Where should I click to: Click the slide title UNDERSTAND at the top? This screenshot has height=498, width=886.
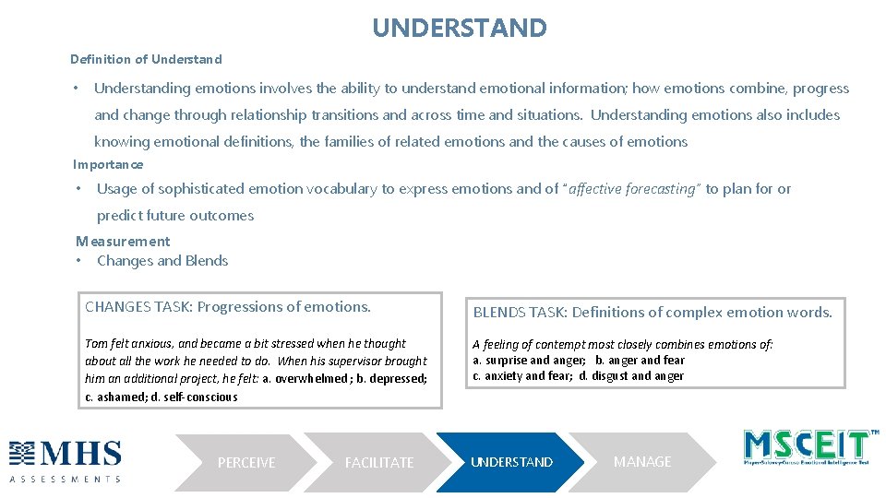[459, 28]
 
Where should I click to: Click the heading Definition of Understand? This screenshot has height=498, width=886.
[146, 59]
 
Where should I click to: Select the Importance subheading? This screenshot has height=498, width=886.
[108, 164]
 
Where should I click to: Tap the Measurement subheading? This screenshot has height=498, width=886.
[123, 241]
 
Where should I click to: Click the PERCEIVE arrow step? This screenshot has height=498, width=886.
[245, 462]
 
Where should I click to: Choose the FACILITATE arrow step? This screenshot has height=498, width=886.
[378, 462]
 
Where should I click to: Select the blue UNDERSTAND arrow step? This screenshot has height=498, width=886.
[511, 462]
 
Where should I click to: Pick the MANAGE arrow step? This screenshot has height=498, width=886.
[642, 461]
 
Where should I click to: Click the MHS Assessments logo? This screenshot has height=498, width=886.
[66, 460]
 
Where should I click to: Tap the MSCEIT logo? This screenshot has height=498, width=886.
[808, 447]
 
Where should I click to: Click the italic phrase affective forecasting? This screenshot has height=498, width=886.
[634, 188]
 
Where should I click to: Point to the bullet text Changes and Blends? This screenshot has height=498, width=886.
[162, 260]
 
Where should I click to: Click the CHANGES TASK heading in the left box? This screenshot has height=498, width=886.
[227, 307]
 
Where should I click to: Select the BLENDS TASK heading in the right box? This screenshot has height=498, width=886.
[653, 312]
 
